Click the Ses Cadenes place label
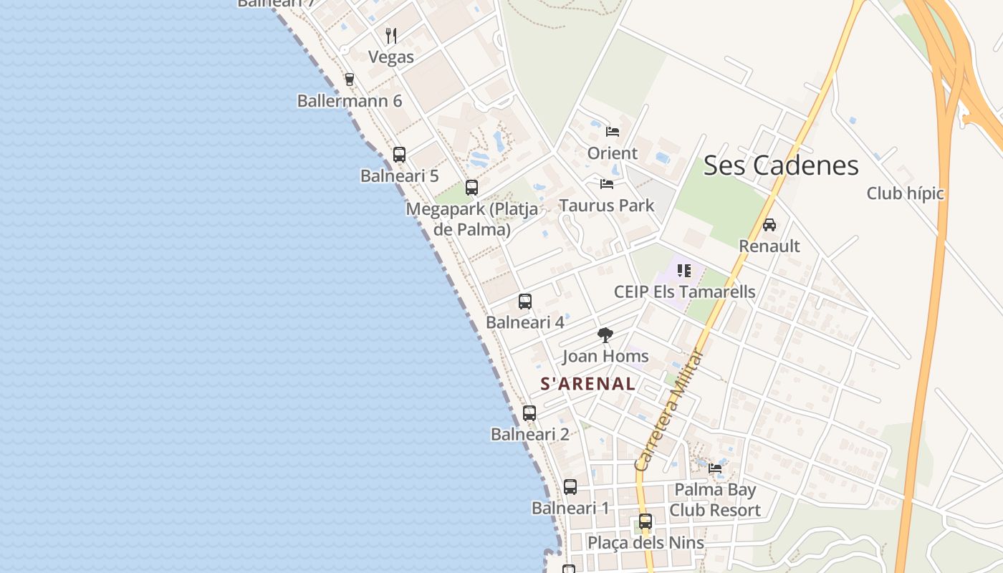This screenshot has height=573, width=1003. [x=781, y=165]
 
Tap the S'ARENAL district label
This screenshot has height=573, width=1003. [x=587, y=384]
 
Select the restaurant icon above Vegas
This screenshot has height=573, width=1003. [x=391, y=35]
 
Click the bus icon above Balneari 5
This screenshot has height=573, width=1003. [x=399, y=154]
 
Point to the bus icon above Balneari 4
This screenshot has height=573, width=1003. [x=525, y=302]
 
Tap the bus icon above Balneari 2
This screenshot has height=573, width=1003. [x=529, y=413]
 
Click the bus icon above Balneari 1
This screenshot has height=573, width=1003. [x=570, y=487]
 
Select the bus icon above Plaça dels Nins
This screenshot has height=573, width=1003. [x=646, y=521]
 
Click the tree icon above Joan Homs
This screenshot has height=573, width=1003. [x=605, y=335]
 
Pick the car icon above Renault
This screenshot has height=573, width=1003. [x=769, y=225]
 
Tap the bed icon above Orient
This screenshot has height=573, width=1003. [x=613, y=132]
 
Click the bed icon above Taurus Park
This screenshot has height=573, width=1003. [x=607, y=184]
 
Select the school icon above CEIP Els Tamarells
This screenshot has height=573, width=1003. [x=684, y=271]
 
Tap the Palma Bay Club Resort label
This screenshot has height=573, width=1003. [x=714, y=500]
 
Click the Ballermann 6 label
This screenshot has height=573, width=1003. [x=350, y=101]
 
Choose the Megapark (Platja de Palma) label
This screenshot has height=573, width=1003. [x=471, y=219]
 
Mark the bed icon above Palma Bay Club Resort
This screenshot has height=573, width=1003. [x=715, y=468]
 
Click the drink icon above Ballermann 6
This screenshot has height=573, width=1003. [x=350, y=80]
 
